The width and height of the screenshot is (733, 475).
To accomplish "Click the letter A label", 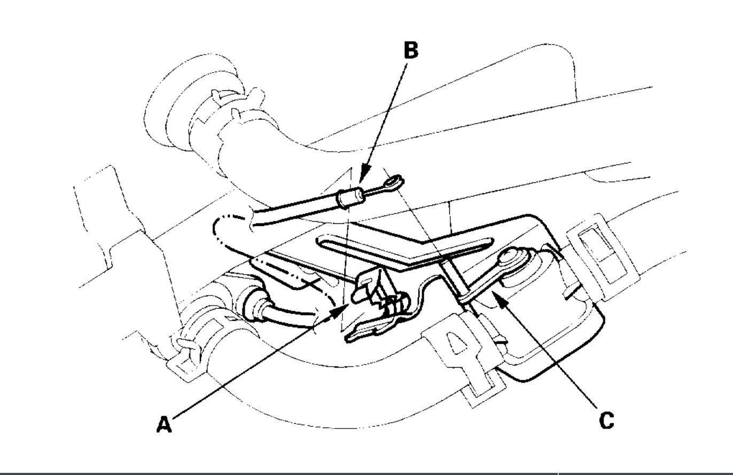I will pyautogui.click(x=164, y=424).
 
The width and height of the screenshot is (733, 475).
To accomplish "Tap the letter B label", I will pyautogui.click(x=410, y=50).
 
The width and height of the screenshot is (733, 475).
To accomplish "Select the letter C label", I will pyautogui.click(x=606, y=420).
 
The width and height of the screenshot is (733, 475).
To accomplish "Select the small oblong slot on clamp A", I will pyautogui.click(x=368, y=278).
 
